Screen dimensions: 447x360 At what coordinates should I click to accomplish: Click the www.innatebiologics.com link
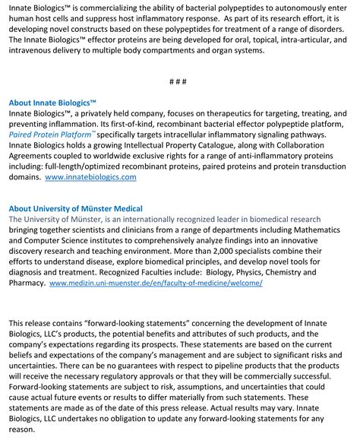point(90,176)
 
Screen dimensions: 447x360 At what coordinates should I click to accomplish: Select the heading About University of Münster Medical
point(75,208)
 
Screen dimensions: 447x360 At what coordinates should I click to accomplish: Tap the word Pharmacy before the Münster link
point(25,282)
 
